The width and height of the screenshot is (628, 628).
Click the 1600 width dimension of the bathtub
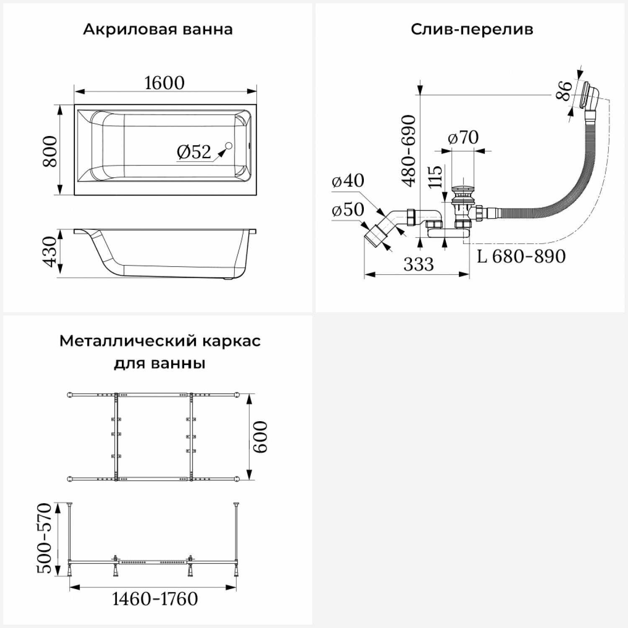click(x=164, y=83)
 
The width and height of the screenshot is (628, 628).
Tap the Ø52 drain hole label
click(x=194, y=152)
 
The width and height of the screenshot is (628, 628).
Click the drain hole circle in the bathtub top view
click(x=229, y=146)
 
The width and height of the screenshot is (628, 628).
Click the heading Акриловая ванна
click(x=158, y=30)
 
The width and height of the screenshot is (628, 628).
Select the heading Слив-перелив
click(x=472, y=30)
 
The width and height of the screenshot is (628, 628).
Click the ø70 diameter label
click(x=463, y=137)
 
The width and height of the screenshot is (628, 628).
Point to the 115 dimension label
click(x=435, y=177)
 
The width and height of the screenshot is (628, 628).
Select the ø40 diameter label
click(x=348, y=180)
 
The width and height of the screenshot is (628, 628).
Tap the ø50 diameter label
click(x=348, y=209)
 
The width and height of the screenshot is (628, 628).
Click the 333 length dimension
click(x=419, y=264)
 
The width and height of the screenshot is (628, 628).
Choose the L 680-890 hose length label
click(x=521, y=256)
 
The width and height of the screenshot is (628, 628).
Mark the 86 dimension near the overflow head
click(x=564, y=90)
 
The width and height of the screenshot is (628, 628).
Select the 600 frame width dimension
click(x=260, y=437)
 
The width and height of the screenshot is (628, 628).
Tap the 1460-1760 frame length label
click(x=155, y=599)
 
